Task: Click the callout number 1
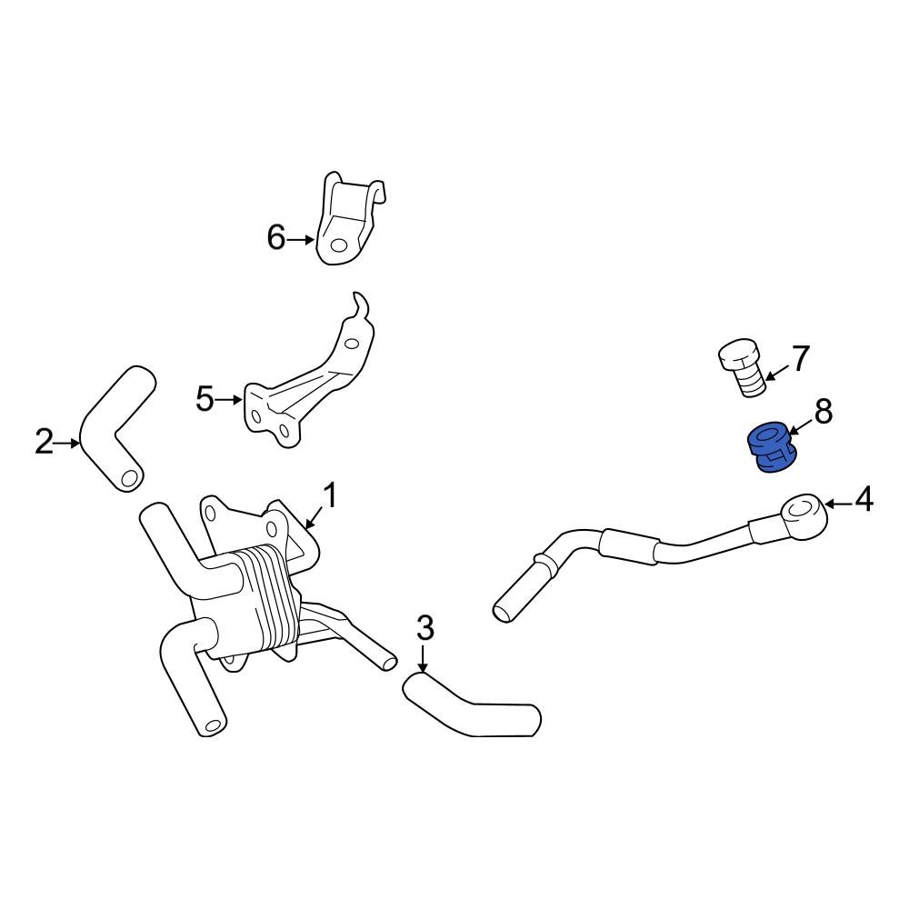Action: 331,496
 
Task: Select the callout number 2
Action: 45,443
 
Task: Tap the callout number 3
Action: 425,627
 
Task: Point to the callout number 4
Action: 863,499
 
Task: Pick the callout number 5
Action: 205,398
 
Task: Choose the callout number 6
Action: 276,238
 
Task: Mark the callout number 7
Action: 799,358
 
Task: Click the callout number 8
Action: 823,413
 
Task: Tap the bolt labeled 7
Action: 741,368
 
